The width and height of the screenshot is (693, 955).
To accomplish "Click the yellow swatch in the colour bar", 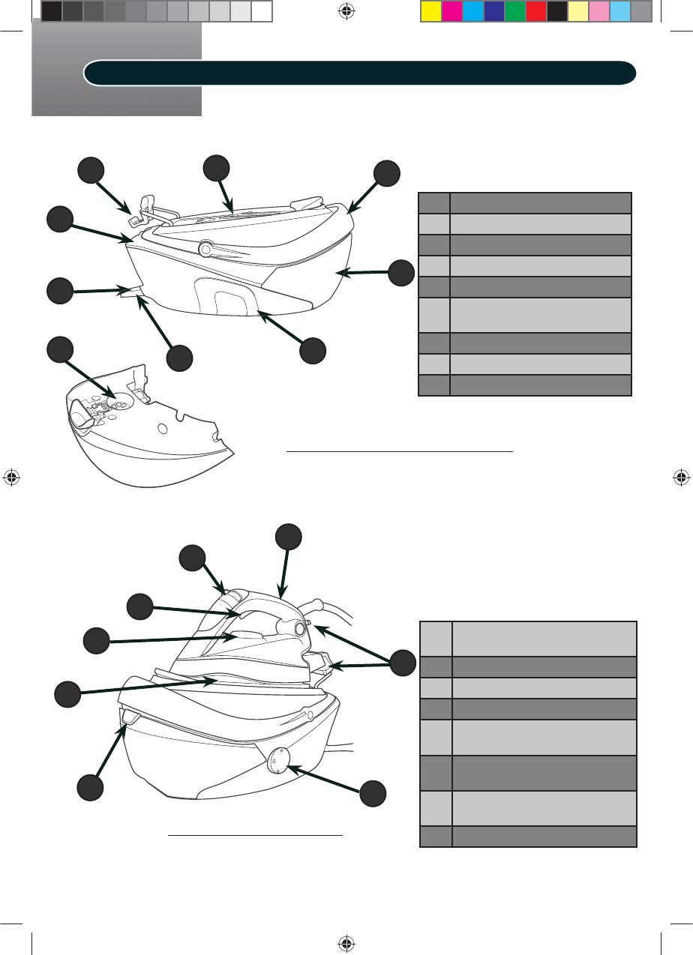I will [x=430, y=11].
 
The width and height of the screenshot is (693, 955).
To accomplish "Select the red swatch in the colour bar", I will [x=535, y=11].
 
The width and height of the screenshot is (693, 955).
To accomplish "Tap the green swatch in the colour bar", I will [x=514, y=11].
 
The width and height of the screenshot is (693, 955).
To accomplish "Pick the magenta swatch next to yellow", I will [x=451, y=11].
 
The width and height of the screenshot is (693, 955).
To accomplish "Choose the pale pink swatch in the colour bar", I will [x=598, y=11].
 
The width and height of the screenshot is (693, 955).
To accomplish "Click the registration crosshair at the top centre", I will [x=346, y=11].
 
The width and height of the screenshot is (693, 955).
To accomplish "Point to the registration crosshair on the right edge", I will [x=681, y=477].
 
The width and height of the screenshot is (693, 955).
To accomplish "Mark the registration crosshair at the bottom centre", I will [x=346, y=942].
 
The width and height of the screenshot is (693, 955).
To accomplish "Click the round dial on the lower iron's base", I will [x=275, y=758].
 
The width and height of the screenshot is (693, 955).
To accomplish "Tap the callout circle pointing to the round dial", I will [x=373, y=794].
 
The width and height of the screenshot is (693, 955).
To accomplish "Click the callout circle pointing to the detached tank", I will [x=61, y=350].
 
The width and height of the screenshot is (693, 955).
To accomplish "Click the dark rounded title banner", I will [x=360, y=73].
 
